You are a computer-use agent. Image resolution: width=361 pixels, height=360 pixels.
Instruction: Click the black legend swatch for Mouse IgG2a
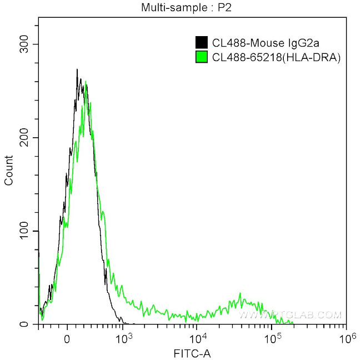(202, 42)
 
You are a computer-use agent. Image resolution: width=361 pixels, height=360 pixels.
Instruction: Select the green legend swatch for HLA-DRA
(202, 56)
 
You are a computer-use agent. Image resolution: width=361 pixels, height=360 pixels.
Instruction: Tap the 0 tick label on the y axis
(31, 324)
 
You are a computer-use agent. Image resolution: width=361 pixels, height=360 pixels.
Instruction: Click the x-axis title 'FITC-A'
(192, 353)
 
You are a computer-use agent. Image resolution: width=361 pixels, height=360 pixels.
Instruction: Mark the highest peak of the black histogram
(77, 70)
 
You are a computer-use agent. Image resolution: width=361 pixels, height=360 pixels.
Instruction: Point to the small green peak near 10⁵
(240, 294)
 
